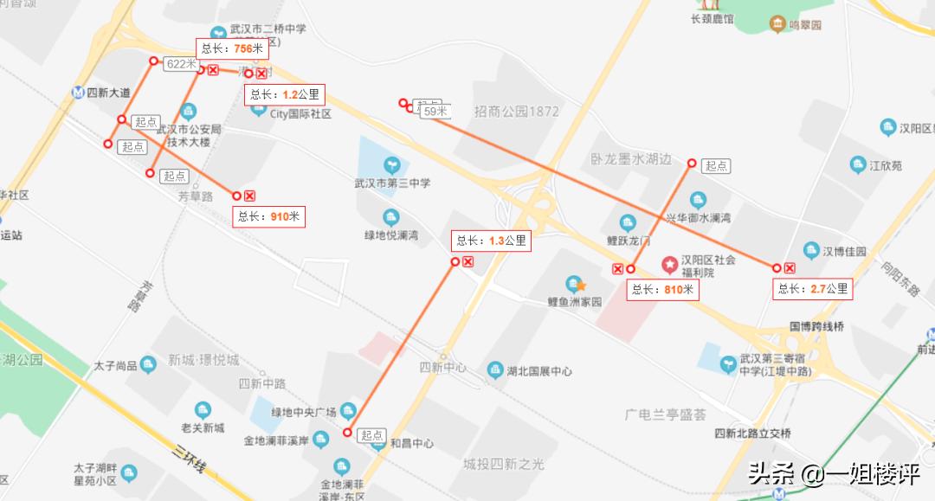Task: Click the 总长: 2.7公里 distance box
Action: pos(813,289)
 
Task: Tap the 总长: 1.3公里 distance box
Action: pos(490,241)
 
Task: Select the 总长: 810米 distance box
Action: pos(662,290)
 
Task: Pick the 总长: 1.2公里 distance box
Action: pos(284,94)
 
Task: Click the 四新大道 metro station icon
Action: pos(79,93)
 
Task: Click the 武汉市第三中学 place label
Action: pos(392,183)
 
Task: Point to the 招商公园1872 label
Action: pos(516,112)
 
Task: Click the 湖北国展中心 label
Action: pos(538,371)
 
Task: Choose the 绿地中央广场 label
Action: pos(303,411)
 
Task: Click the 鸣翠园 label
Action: pos(804,25)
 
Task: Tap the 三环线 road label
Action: pos(190,459)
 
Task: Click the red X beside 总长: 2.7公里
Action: pos(790,268)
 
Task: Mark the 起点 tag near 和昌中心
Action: pos(372,435)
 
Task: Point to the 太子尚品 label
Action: pos(116,366)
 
